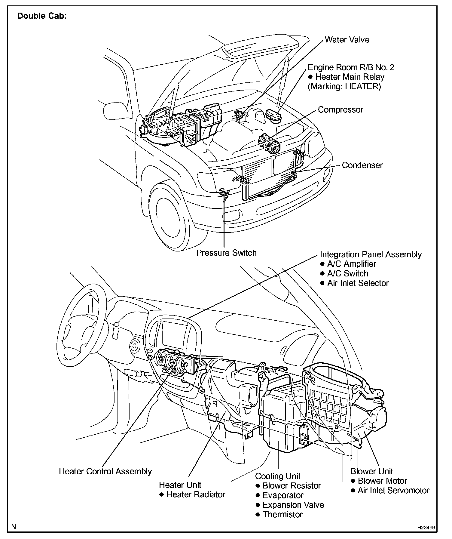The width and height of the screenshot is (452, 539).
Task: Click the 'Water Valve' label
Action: tap(347, 40)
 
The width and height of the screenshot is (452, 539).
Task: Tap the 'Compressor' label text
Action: tap(341, 110)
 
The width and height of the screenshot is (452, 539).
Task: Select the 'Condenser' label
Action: tap(362, 165)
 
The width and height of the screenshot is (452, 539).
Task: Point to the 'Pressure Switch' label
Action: tap(226, 253)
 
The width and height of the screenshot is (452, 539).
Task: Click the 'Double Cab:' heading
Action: tap(42, 16)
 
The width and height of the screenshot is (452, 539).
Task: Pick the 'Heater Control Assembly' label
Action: tap(105, 471)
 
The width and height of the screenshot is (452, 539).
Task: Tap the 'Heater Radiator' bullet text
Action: tap(196, 494)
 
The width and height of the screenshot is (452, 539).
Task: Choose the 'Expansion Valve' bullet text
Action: tap(293, 505)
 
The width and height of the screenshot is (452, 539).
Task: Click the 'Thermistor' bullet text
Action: tap(282, 514)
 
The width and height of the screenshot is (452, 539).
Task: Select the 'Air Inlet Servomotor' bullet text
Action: tap(393, 491)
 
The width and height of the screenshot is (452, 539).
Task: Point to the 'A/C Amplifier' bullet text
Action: tap(351, 264)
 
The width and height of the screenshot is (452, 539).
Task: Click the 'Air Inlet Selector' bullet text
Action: tap(358, 283)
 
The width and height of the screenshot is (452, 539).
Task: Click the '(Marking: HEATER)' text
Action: tap(344, 87)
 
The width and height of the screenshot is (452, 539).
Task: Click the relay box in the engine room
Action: tap(273, 116)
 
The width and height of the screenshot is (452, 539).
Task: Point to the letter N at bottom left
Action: tap(14, 527)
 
